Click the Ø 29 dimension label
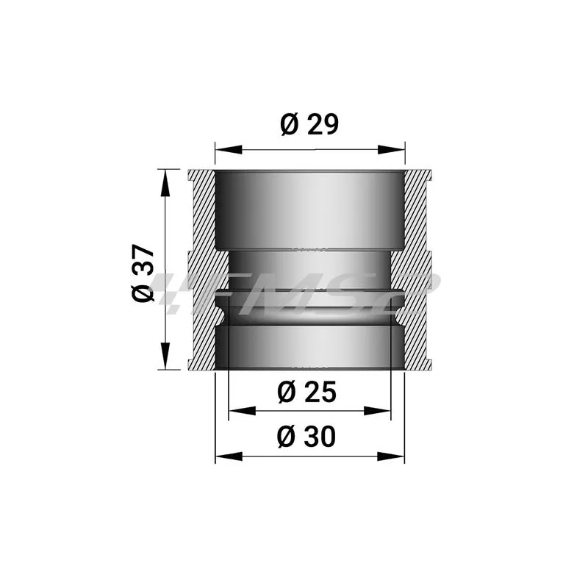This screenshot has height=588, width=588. click(x=309, y=126)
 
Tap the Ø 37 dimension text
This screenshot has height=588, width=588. click(x=144, y=271)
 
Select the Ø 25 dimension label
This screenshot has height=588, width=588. click(x=307, y=393)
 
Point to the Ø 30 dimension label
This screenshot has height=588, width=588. click(x=307, y=437)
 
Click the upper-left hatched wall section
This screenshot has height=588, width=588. click(x=201, y=209)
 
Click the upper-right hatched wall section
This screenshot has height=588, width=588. click(x=417, y=209)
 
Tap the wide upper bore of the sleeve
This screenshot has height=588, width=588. click(x=309, y=209)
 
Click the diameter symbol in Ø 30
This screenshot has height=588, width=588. click(x=287, y=437)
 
